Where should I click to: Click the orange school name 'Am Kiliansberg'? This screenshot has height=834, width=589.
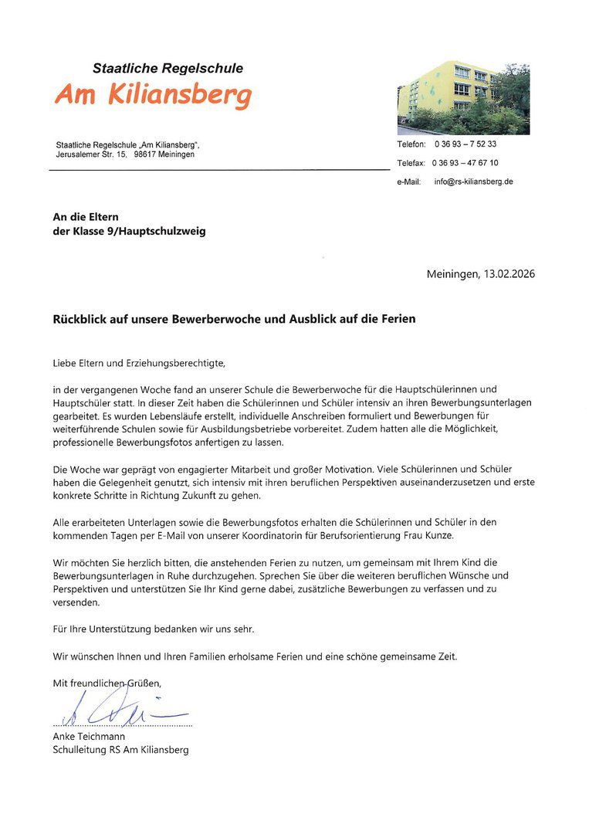point(153,96)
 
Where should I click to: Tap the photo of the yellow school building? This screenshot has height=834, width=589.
point(463,99)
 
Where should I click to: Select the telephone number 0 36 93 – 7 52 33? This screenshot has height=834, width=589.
point(465,144)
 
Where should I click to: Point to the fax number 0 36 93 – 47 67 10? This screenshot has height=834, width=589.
point(465,163)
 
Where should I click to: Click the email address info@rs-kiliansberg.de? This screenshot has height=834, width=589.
point(473,182)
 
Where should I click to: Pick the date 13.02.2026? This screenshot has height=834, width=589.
point(509,274)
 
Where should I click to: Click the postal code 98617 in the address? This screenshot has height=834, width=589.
point(145,154)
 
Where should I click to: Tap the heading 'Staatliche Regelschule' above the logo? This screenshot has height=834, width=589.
point(168,69)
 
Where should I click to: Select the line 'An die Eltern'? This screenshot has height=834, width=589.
point(86,217)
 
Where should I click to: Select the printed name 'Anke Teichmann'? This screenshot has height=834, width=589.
point(89,737)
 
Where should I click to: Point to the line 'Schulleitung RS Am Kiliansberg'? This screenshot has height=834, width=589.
point(120,750)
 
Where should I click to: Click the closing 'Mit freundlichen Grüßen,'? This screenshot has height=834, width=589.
point(107,683)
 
